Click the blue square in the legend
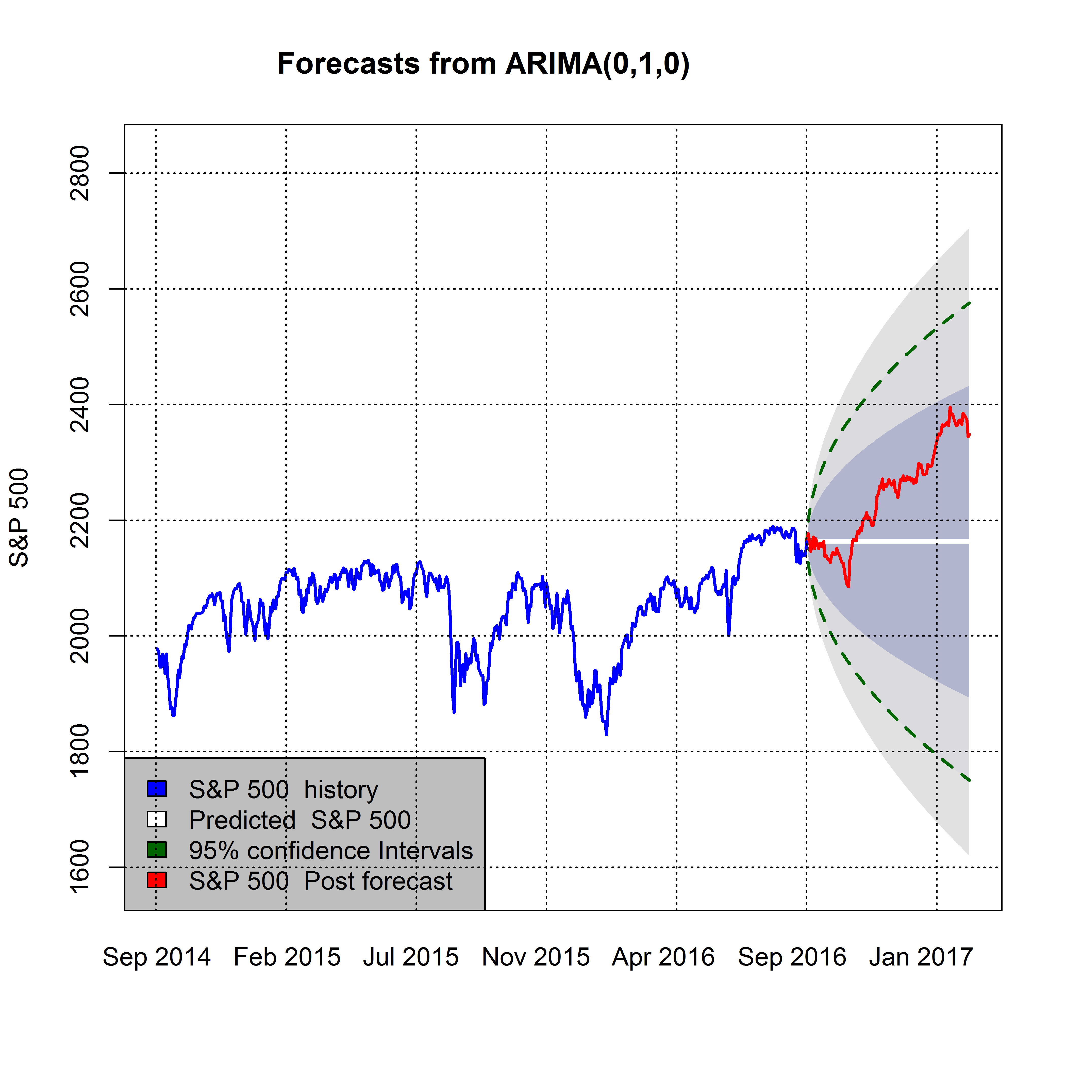tap(157, 789)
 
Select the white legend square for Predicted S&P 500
tap(157, 819)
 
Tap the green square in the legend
tap(157, 850)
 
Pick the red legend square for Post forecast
tap(157, 880)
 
